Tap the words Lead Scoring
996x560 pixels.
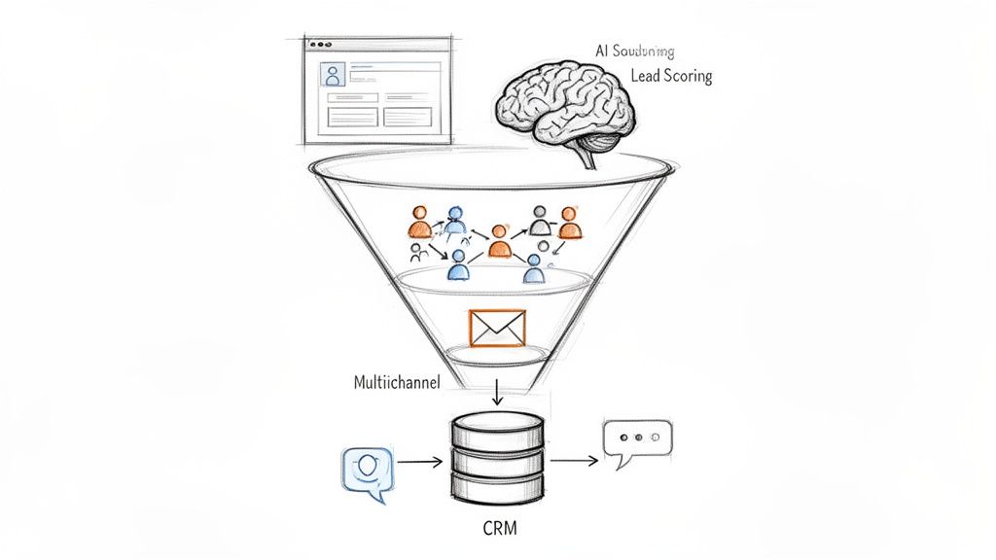[x=671, y=76]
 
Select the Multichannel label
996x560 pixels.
[x=396, y=382]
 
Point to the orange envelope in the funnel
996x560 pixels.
[x=497, y=328]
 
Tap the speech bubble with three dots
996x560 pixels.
[x=637, y=439]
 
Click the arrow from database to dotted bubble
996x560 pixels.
[x=574, y=461]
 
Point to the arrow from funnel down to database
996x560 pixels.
[x=497, y=391]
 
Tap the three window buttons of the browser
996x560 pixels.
[x=316, y=44]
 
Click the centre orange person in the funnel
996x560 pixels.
[x=499, y=242]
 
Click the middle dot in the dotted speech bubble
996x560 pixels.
[x=637, y=437]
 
